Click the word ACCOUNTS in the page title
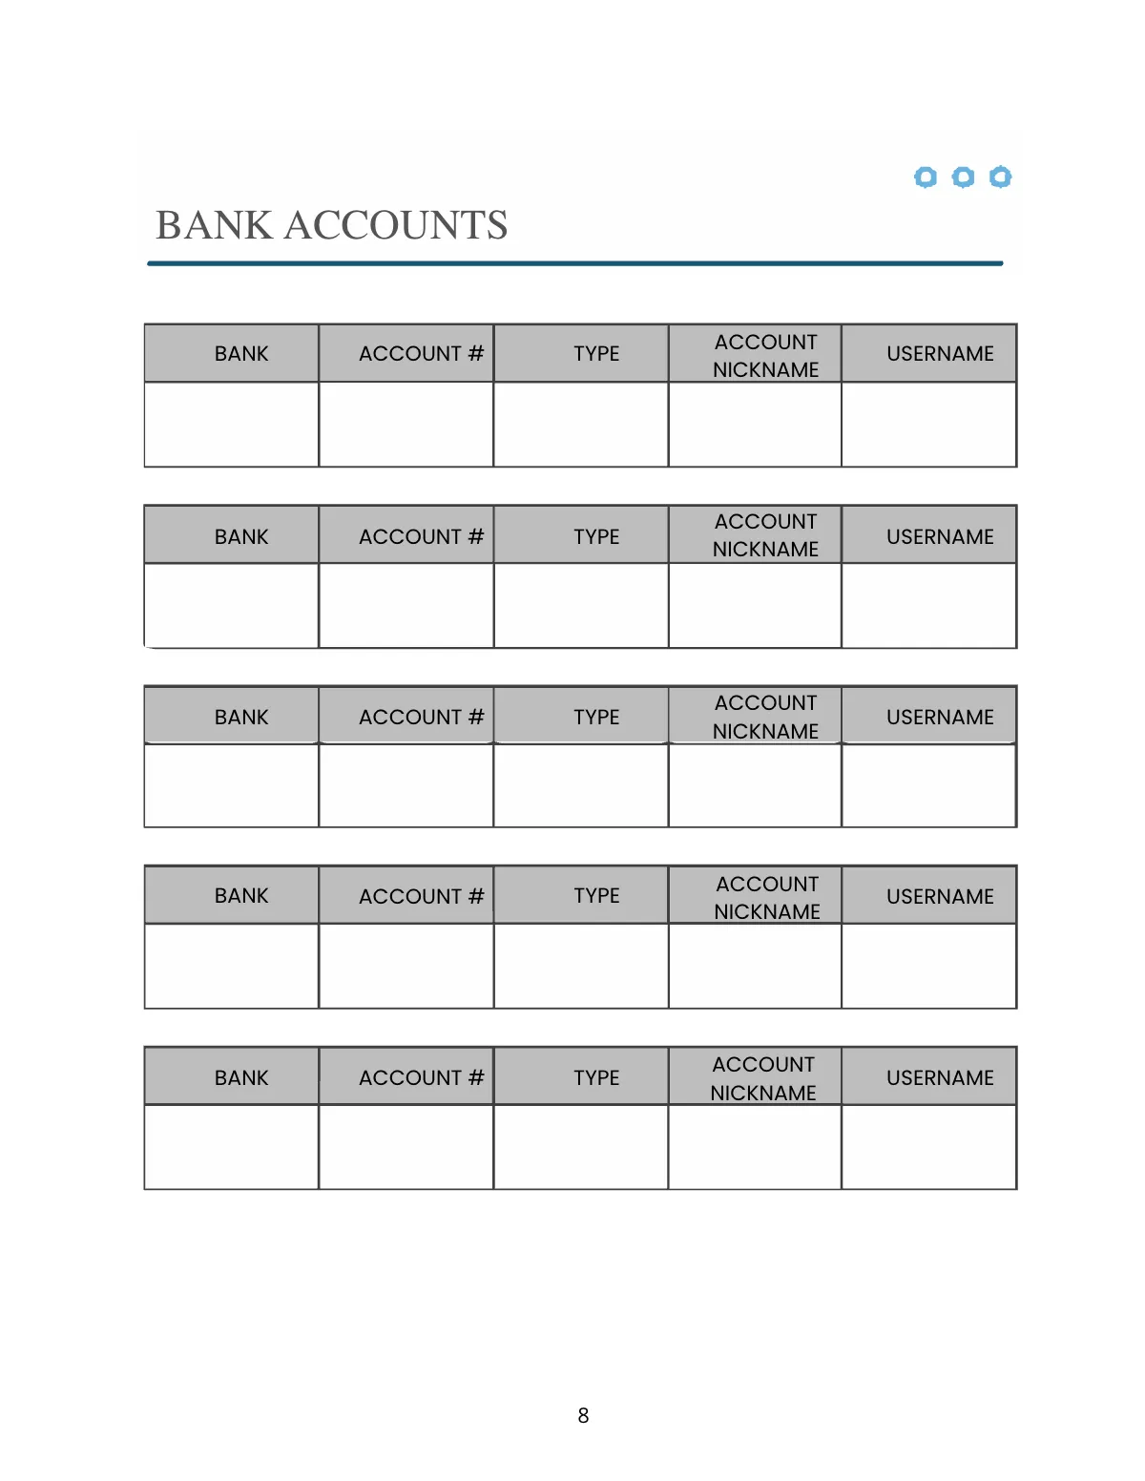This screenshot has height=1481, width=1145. (396, 226)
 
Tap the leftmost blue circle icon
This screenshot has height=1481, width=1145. (925, 177)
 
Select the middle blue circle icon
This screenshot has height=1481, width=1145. (963, 177)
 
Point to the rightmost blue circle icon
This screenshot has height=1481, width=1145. (1000, 177)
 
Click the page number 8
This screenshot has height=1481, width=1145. (583, 1416)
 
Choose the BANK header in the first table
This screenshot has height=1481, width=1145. (241, 354)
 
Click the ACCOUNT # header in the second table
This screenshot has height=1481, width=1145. (421, 537)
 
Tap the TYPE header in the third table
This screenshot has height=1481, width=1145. (596, 718)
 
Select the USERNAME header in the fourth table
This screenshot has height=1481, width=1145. (940, 897)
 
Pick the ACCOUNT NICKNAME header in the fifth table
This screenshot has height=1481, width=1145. (763, 1078)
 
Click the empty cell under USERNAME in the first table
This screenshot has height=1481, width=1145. (928, 425)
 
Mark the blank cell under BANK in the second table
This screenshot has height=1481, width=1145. (231, 606)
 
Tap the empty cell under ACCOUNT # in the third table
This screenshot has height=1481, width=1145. (406, 785)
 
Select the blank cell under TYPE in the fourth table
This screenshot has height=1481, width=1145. (580, 966)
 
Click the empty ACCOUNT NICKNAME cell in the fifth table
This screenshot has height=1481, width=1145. (754, 1147)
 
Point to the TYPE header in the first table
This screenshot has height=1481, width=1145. (596, 354)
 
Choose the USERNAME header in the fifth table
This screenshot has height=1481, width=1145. (940, 1078)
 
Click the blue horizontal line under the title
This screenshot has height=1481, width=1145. (574, 263)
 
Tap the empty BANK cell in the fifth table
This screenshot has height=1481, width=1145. (231, 1147)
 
